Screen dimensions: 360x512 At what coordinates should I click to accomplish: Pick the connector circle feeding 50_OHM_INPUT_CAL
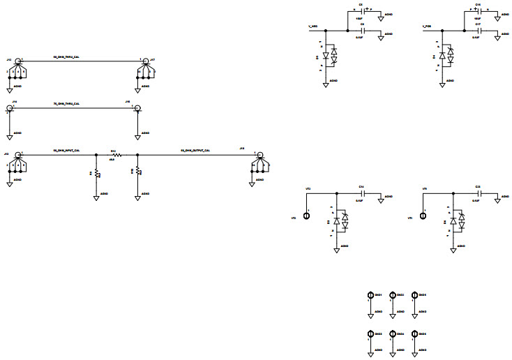tap(17, 155)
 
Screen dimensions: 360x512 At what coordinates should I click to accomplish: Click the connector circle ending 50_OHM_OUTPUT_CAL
tap(259, 155)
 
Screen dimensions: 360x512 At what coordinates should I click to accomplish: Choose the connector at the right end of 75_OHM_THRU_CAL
tap(138, 108)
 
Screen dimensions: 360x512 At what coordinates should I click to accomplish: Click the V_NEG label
tap(314, 26)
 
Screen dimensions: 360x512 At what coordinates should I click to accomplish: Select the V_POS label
tap(428, 26)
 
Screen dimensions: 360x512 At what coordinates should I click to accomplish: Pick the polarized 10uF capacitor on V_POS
tap(479, 12)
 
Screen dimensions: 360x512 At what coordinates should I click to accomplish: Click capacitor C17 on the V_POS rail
tap(479, 31)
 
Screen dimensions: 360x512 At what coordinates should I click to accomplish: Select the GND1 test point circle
tap(370, 295)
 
